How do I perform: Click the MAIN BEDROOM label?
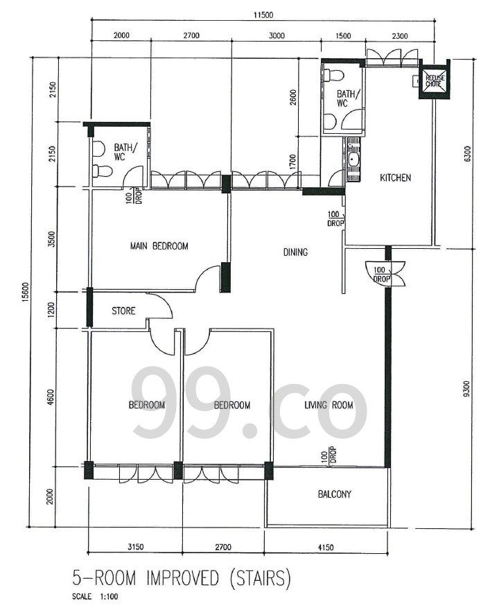pyautogui.click(x=159, y=246)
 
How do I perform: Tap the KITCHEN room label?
pyautogui.click(x=395, y=177)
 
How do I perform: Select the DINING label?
pyautogui.click(x=296, y=252)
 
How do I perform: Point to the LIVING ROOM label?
pyautogui.click(x=329, y=405)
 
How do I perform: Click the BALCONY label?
pyautogui.click(x=335, y=494)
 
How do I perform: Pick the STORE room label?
pyautogui.click(x=123, y=311)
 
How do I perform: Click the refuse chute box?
pyautogui.click(x=434, y=80)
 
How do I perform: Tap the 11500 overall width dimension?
pyautogui.click(x=263, y=15)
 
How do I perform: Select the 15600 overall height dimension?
pyautogui.click(x=25, y=293)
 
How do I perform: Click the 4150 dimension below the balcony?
pyautogui.click(x=326, y=547)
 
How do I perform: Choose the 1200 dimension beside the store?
pyautogui.click(x=51, y=310)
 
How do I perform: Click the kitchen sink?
pyautogui.click(x=353, y=159)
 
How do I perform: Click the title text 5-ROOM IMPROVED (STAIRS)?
pyautogui.click(x=182, y=579)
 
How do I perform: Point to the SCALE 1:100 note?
pyautogui.click(x=95, y=596)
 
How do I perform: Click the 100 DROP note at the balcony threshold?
pyautogui.click(x=329, y=455)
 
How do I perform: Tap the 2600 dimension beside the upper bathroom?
pyautogui.click(x=293, y=97)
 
